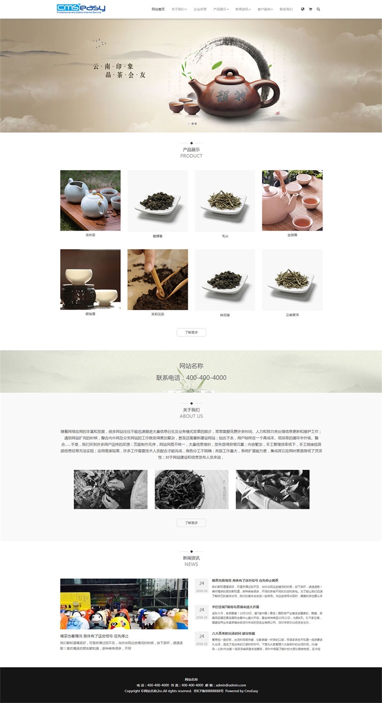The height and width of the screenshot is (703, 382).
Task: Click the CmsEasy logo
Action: [81, 8]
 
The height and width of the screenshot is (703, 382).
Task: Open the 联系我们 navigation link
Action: [286, 9]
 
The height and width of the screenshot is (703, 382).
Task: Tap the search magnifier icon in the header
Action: [318, 9]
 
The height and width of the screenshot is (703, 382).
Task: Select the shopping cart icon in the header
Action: [310, 9]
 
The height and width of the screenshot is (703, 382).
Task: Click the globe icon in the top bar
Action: [303, 9]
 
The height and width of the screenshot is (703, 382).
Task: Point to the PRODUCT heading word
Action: [191, 156]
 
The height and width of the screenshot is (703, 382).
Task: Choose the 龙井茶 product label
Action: [90, 235]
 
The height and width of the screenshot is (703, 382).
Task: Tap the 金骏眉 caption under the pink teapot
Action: [292, 235]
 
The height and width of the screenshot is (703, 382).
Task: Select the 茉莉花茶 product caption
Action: [158, 315]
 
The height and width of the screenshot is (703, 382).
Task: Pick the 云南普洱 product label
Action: [292, 315]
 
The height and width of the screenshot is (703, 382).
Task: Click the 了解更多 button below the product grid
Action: [191, 332]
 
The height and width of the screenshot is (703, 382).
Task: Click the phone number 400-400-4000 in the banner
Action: [206, 378]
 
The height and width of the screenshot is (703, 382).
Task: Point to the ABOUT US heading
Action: [191, 416]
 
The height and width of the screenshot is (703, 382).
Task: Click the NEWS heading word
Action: [191, 564]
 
